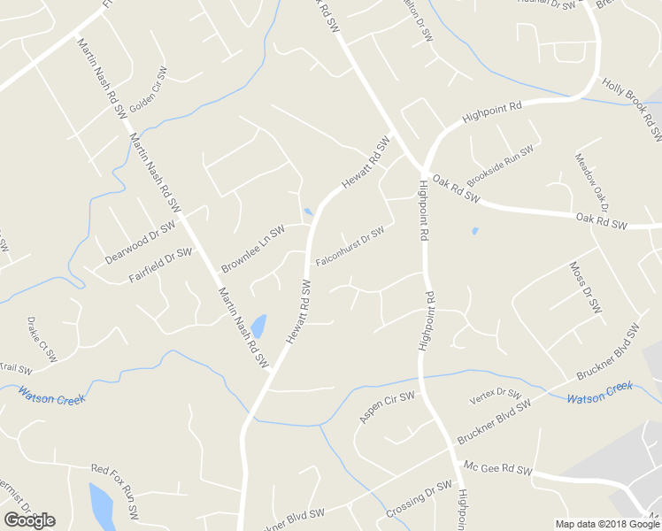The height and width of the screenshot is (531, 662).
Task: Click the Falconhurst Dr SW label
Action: pyautogui.click(x=350, y=247)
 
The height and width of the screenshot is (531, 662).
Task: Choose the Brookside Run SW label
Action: pyautogui.click(x=501, y=165)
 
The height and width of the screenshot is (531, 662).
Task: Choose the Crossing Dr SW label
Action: pyautogui.click(x=419, y=501)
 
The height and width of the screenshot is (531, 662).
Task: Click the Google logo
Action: pyautogui.click(x=29, y=520)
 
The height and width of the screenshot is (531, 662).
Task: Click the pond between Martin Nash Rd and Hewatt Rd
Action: pyautogui.click(x=258, y=326)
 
